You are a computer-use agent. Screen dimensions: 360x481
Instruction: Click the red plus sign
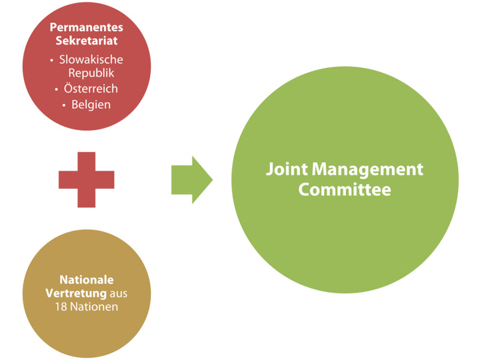tap(87, 179)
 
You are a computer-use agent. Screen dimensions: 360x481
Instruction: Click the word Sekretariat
tap(87, 41)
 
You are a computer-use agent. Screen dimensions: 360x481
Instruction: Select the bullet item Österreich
tap(91, 88)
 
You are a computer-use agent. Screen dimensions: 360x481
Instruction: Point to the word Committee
tap(345, 189)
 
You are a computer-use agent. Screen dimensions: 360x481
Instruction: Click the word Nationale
tap(87, 280)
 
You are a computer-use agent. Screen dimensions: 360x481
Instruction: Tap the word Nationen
tap(94, 307)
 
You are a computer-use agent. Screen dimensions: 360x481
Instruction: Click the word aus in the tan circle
tap(118, 293)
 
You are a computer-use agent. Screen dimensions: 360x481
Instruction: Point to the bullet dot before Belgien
tap(64, 105)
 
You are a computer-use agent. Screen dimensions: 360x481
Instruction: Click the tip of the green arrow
tap(213, 179)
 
